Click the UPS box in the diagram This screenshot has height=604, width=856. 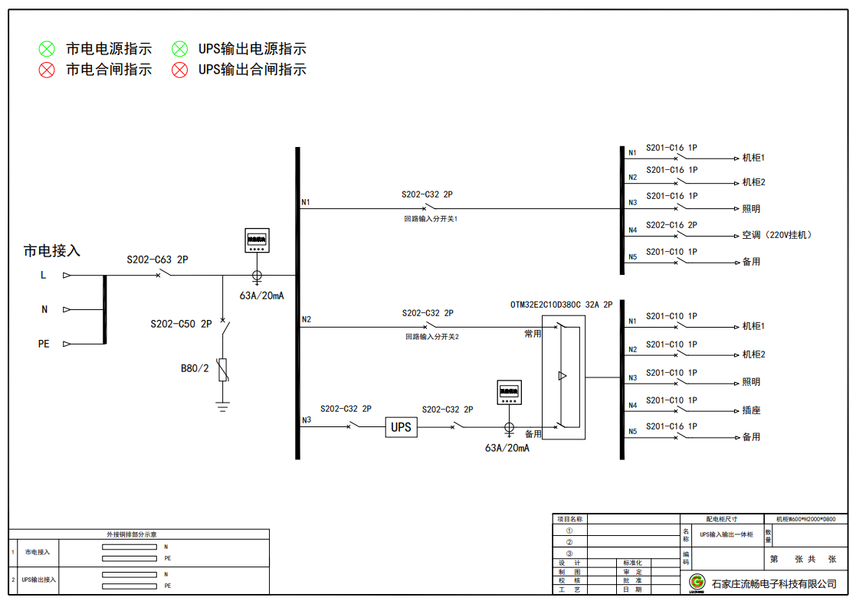(x=401, y=427)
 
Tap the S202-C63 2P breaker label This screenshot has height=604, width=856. (x=157, y=260)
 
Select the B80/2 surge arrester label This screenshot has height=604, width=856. (x=195, y=368)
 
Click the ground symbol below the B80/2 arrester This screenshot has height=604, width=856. (x=223, y=406)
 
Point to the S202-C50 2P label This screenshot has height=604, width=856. (x=181, y=325)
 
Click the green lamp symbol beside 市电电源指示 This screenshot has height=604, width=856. (x=48, y=49)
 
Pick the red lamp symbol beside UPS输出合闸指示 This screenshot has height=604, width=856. (x=179, y=70)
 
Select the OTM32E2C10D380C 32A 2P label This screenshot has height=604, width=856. (x=561, y=304)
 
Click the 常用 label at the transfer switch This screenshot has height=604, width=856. (x=533, y=334)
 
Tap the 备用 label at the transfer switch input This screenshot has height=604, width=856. (x=533, y=434)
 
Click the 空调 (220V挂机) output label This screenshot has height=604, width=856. (x=776, y=235)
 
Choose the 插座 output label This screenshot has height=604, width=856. (x=751, y=410)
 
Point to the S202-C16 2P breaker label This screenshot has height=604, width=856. (x=671, y=225)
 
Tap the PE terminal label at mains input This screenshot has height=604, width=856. (x=44, y=344)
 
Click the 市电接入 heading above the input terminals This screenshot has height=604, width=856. (x=52, y=250)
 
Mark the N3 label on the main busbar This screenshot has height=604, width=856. (x=307, y=420)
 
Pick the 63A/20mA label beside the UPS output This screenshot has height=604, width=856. (x=507, y=448)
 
